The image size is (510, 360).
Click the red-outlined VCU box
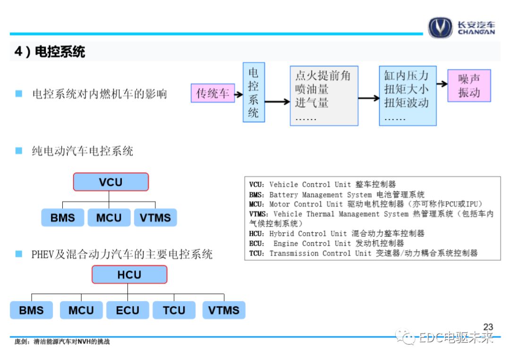110,182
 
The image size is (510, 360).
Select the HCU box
129,275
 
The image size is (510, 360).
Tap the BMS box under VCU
63,218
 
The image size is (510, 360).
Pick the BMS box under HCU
31,310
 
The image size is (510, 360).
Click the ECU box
127,310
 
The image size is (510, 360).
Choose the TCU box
174,310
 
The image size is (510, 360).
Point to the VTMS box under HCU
224,310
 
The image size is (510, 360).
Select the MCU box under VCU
109,218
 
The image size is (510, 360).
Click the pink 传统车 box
212,93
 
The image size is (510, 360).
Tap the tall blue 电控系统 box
254,92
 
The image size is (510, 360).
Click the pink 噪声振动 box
469,85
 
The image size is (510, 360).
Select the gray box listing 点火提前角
323,96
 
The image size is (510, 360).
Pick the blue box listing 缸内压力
407,96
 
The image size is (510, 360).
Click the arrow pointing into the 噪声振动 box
442,84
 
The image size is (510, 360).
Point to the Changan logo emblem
440,27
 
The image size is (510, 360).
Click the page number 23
488,327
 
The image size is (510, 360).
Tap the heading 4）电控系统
50,51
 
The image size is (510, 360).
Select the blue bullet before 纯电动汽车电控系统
19,151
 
